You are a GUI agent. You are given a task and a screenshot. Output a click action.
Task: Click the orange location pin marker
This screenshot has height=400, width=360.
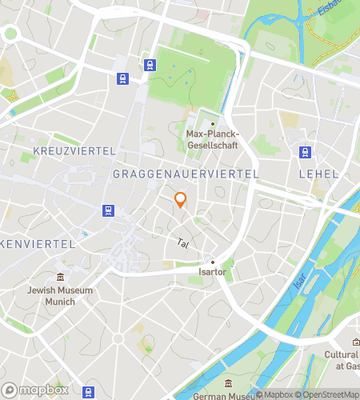click(180, 200)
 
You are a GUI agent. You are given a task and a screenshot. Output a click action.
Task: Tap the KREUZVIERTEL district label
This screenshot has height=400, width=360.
click(74, 150)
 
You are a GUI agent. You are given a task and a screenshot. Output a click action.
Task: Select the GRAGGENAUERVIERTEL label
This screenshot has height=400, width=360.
click(186, 174)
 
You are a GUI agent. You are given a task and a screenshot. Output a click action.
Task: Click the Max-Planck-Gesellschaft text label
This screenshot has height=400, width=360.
click(213, 140)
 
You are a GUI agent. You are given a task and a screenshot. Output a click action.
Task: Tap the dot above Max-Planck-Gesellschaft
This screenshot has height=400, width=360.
click(213, 122)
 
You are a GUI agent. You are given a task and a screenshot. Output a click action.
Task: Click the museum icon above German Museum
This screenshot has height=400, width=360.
click(229, 382)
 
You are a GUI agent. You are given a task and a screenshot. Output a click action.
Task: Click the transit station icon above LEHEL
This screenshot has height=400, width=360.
click(305, 152)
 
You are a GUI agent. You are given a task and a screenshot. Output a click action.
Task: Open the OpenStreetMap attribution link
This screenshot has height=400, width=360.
click(329, 394)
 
